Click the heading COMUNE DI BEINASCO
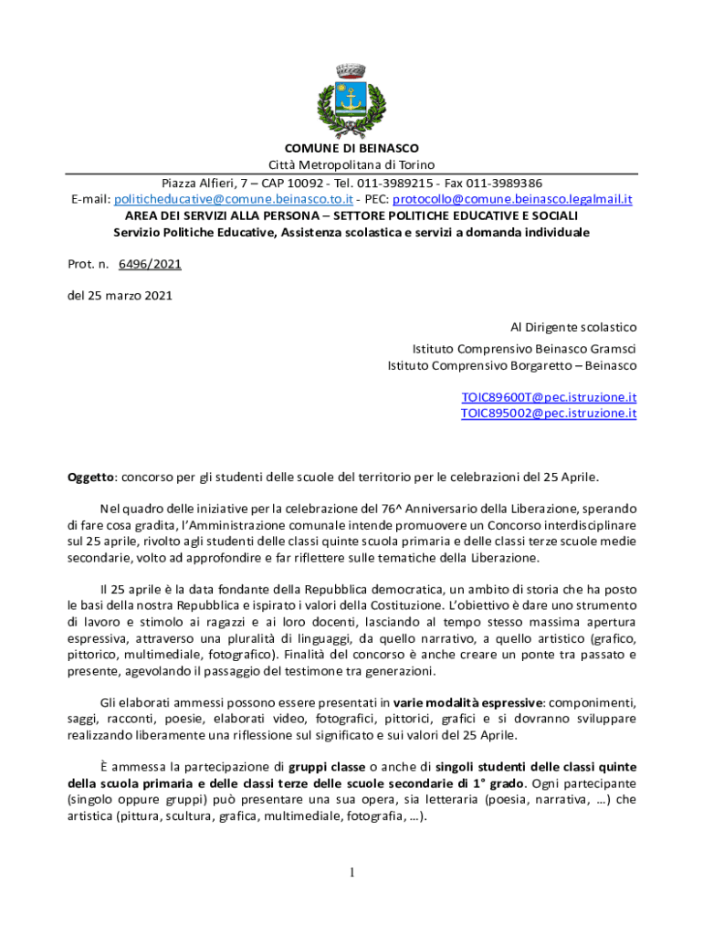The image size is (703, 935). [x=351, y=149]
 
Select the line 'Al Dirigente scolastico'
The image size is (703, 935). [x=572, y=327]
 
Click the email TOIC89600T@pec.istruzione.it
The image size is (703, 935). [x=548, y=397]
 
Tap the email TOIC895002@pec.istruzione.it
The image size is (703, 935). [x=548, y=414]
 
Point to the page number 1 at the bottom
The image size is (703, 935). [x=351, y=873]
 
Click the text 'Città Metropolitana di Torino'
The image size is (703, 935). [x=351, y=165]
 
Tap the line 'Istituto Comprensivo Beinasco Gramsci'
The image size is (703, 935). [x=524, y=348]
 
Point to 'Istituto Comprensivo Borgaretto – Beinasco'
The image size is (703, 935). [x=511, y=365]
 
